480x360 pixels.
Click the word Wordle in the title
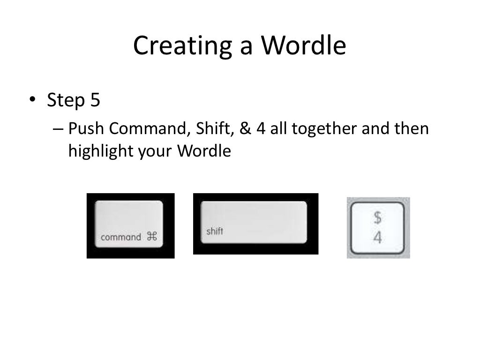304,46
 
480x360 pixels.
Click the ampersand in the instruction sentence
246,128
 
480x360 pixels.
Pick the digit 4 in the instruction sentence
261,128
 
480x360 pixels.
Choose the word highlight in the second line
94,151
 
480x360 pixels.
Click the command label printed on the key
120,237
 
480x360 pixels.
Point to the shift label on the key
215,231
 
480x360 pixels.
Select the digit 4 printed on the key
377,238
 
